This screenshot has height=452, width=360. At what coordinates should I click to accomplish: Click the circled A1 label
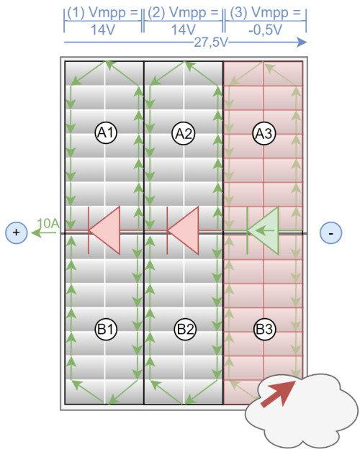click(x=106, y=133)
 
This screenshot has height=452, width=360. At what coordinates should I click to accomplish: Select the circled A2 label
click(x=184, y=133)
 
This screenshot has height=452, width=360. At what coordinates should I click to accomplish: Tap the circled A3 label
click(x=264, y=133)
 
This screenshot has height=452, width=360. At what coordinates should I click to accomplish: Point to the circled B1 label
click(x=106, y=329)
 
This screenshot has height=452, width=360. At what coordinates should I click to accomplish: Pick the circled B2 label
click(x=185, y=329)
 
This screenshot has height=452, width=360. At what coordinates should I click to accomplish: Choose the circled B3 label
click(x=264, y=329)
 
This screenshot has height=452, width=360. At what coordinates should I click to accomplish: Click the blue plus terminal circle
click(x=17, y=232)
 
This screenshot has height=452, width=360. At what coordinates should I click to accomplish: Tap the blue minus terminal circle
click(x=331, y=232)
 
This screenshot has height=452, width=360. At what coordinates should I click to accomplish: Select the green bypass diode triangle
click(x=264, y=230)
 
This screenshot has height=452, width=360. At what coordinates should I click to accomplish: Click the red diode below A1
click(x=104, y=230)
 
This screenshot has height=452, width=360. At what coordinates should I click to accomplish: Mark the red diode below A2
click(x=183, y=230)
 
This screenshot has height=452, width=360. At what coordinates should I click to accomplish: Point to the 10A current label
click(x=48, y=223)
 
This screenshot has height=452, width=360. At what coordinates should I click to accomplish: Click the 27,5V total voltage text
click(x=211, y=42)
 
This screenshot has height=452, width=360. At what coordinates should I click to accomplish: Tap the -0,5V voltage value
click(x=265, y=30)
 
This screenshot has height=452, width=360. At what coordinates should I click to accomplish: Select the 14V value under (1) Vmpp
click(x=103, y=30)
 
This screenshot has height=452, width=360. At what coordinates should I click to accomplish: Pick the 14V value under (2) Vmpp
click(x=184, y=30)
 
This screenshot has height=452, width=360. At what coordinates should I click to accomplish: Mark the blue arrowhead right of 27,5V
click(x=302, y=42)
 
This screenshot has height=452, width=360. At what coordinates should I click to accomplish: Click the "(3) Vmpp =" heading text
click(x=266, y=13)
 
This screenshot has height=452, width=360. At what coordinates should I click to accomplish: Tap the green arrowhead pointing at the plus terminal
click(x=37, y=232)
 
